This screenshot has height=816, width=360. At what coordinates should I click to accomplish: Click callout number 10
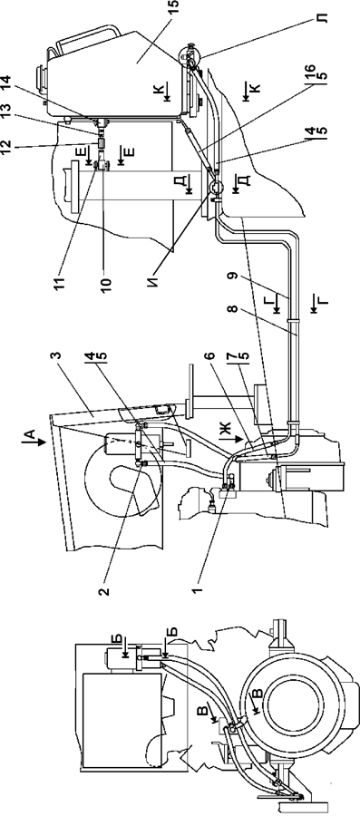tap(107, 283)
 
